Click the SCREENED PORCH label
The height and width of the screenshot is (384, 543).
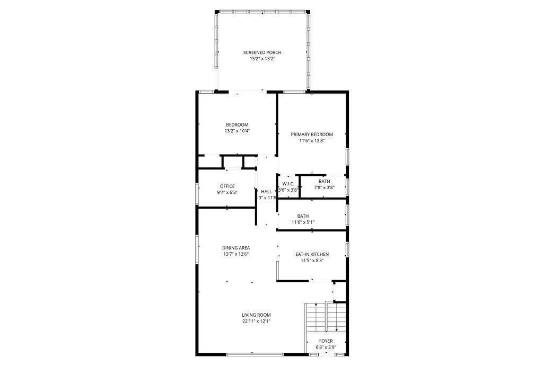[x=262, y=52]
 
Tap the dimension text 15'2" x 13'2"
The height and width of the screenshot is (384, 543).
[x=262, y=59]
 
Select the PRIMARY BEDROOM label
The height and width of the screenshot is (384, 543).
[x=312, y=135]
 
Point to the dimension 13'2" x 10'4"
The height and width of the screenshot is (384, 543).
[x=237, y=131]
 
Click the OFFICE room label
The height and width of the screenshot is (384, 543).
[x=227, y=186]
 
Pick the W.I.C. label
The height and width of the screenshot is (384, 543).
[x=288, y=183]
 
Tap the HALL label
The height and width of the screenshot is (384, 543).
[x=266, y=192]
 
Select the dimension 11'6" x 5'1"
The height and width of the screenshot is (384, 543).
[x=303, y=222]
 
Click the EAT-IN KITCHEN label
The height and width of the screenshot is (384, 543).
[x=312, y=254]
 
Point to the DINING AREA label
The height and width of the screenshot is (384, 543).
[x=236, y=247]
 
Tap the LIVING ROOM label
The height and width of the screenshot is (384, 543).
[x=257, y=315]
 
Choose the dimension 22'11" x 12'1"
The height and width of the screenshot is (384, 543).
[x=257, y=321]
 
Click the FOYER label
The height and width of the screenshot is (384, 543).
[x=326, y=341]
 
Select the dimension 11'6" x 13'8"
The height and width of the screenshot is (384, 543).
[x=312, y=141]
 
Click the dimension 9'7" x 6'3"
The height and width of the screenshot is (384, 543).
[x=227, y=192]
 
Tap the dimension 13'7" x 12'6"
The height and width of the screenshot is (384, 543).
[x=236, y=254]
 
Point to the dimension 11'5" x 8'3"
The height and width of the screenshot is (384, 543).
[x=312, y=261]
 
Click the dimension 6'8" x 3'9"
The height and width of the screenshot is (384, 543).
[x=326, y=347]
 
